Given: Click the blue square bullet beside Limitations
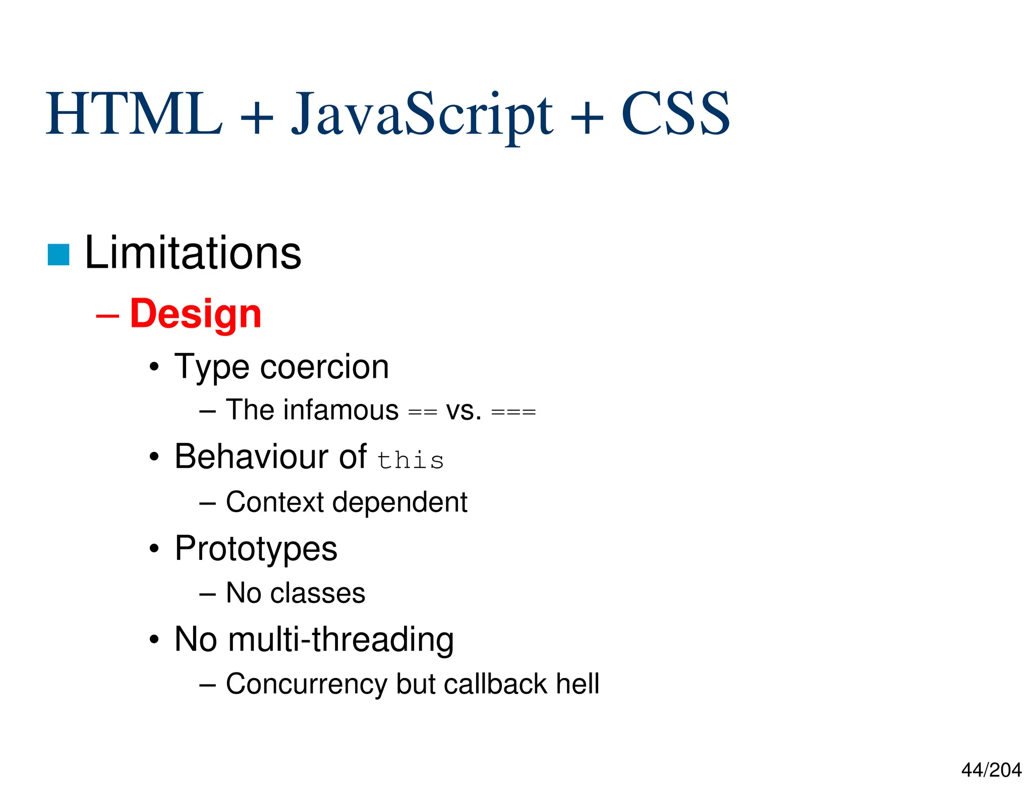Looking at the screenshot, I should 59,254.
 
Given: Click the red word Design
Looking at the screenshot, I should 196,314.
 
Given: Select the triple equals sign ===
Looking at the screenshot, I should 513,412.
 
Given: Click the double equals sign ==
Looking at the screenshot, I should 422,412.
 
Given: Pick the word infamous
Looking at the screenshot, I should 340,410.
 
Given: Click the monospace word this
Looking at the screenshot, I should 411,460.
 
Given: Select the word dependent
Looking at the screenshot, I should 399,502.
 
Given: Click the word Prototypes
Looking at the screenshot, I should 256,549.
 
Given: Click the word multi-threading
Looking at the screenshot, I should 340,639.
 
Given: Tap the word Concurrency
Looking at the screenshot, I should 306,684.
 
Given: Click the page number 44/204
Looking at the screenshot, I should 991,770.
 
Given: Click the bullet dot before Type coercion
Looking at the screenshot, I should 154,367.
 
